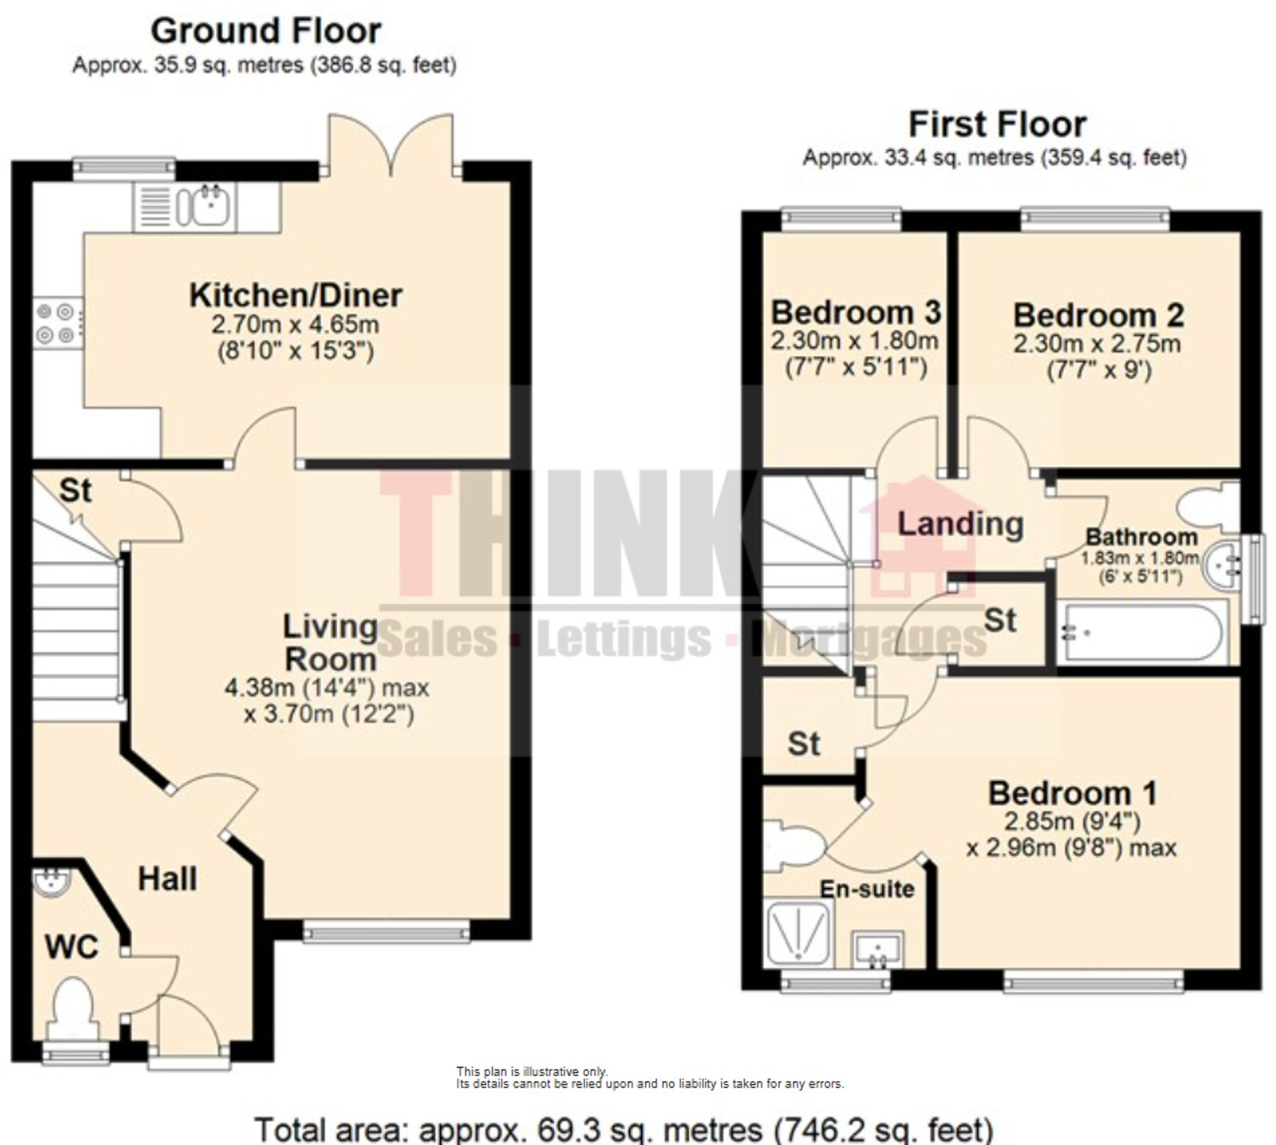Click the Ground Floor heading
point(265,32)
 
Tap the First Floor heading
point(997,125)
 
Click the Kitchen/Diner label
point(295,296)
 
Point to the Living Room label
point(330,643)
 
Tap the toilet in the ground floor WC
point(72,1007)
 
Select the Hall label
point(167,879)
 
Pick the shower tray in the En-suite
point(798,932)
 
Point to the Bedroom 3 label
point(855,312)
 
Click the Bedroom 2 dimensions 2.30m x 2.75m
point(1096,344)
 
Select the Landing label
point(960,524)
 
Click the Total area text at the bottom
point(624,1129)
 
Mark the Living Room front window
point(386,931)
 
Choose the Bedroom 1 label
point(1072,794)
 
